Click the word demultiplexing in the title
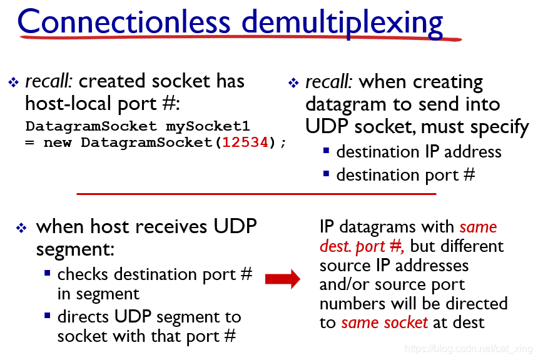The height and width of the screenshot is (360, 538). (x=342, y=23)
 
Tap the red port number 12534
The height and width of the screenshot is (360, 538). (x=245, y=142)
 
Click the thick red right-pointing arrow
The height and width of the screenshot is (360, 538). (x=283, y=279)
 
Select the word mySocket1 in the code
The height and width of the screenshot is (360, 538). (x=208, y=126)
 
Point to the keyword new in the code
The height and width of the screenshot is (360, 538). (x=58, y=142)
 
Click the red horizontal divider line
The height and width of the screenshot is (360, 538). (x=256, y=194)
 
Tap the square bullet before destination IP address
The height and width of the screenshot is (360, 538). (x=327, y=151)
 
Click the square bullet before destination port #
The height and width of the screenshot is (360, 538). (x=327, y=174)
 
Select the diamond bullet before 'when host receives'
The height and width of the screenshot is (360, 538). (x=21, y=227)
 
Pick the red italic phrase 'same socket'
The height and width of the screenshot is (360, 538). (x=384, y=322)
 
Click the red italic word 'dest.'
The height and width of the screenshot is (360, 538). (x=334, y=246)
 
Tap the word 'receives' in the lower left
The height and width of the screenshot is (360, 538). (x=171, y=227)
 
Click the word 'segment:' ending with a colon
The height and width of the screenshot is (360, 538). (x=75, y=249)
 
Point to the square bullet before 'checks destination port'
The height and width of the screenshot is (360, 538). (x=48, y=273)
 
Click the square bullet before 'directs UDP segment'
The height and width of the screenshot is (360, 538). (x=48, y=316)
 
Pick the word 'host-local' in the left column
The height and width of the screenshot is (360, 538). (x=68, y=103)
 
